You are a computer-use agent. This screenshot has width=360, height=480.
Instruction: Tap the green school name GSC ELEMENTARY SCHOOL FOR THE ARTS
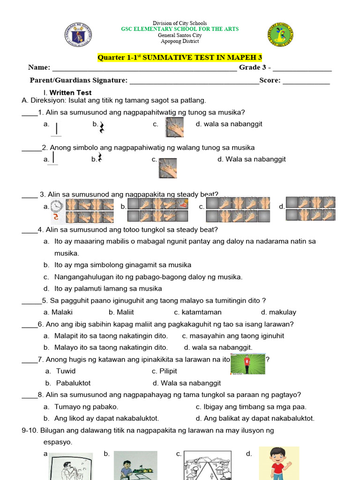[x=180, y=29]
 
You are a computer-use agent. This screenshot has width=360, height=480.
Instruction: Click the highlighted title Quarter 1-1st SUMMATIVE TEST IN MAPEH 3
[x=180, y=58]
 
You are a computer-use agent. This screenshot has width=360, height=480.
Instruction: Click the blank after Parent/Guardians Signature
[x=194, y=81]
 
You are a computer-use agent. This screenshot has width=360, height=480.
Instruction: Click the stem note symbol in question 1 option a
[x=57, y=128]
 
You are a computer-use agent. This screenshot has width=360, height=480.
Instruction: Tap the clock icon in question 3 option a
[x=57, y=205]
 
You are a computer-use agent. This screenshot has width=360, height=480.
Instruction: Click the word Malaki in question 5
[x=62, y=312]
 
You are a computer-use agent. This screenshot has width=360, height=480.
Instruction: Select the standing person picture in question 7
[x=247, y=364]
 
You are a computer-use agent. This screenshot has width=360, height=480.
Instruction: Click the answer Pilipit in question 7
[x=168, y=371]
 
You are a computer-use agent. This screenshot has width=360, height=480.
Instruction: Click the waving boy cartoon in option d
[x=278, y=463]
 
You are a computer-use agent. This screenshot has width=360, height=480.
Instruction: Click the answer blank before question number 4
[x=29, y=231]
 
